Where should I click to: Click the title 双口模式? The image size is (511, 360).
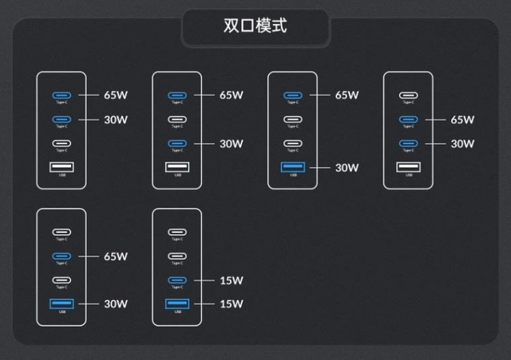tap(255, 26)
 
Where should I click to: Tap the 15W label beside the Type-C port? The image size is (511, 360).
tap(231, 280)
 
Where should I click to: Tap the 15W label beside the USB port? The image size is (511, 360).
tap(231, 304)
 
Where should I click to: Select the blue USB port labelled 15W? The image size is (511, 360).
tap(177, 303)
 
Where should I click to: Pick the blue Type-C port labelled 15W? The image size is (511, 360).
tap(177, 280)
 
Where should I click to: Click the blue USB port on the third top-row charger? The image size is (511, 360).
tap(292, 167)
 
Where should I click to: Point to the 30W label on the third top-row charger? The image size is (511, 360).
tap(347, 167)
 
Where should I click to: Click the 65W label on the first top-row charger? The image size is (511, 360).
tap(116, 94)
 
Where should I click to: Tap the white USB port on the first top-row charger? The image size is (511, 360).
tap(61, 167)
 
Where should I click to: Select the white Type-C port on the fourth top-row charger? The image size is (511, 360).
tap(408, 96)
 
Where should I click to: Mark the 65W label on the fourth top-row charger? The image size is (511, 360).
tap(462, 120)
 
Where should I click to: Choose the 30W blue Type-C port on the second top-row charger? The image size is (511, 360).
tap(177, 144)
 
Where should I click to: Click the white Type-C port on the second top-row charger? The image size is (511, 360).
tap(177, 120)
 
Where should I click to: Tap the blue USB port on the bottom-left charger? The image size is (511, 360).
tap(61, 303)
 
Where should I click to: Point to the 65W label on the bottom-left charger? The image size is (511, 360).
tap(116, 256)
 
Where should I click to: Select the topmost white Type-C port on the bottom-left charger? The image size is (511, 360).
tap(61, 232)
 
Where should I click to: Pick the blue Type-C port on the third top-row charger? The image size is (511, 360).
tap(292, 95)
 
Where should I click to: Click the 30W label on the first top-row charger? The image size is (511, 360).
tap(116, 120)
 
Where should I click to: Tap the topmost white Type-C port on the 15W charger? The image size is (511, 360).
tap(177, 232)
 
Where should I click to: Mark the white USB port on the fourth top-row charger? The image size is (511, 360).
tap(408, 167)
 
